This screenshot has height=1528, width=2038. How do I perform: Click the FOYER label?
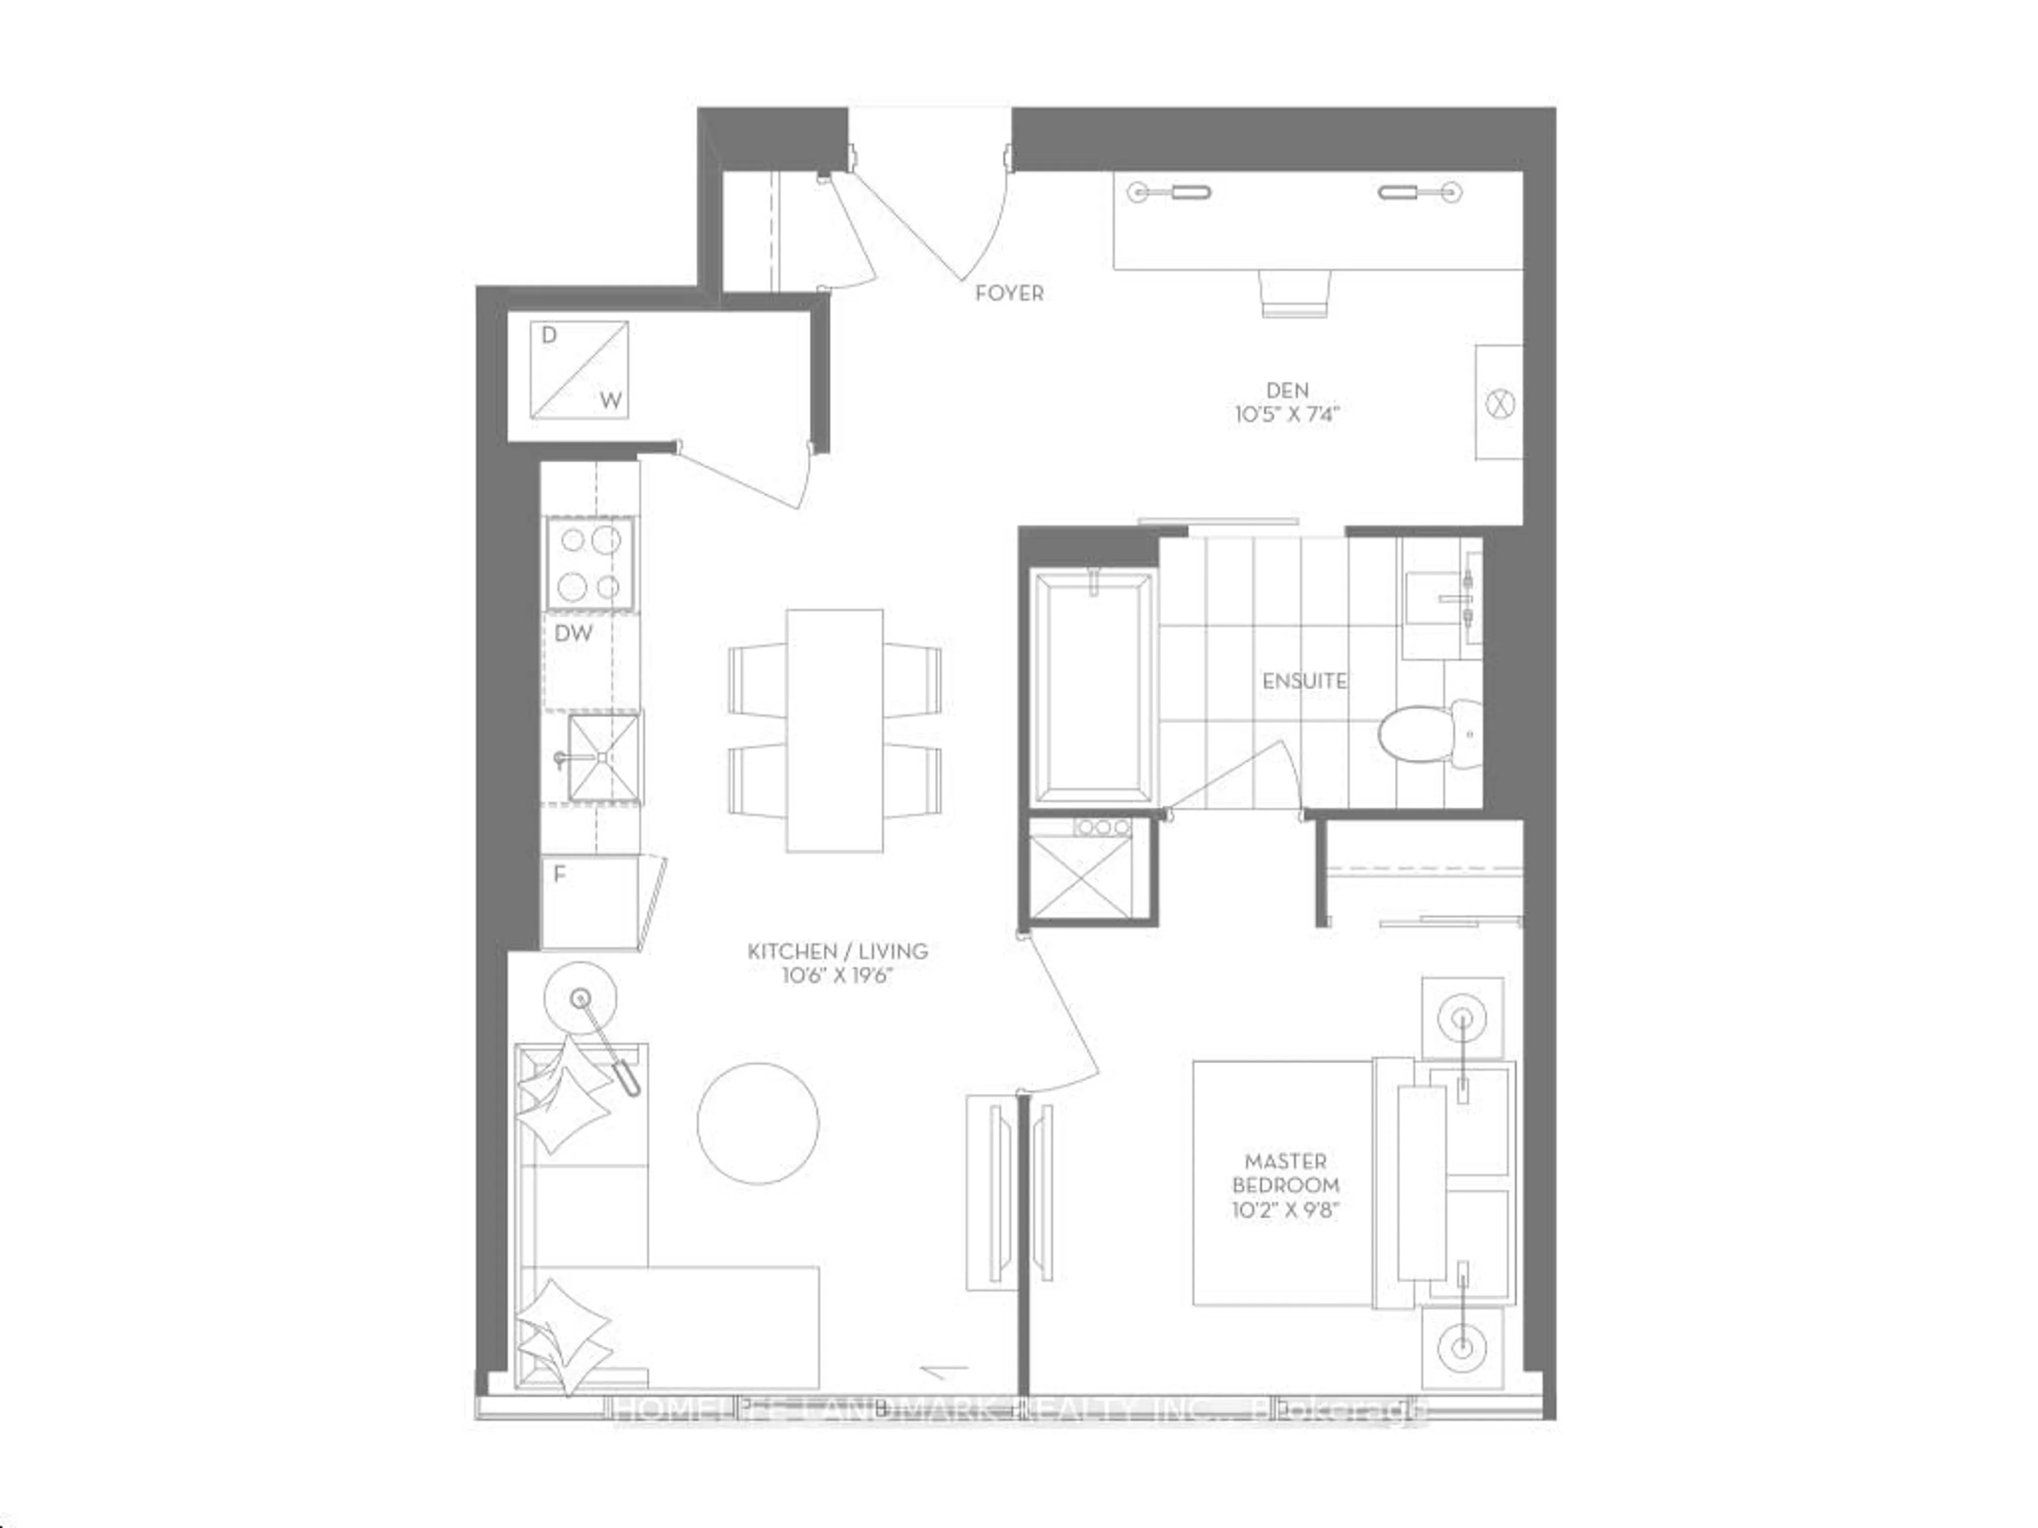1009,293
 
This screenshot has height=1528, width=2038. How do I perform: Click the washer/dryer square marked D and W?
578,369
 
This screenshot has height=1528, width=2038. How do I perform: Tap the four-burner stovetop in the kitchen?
590,563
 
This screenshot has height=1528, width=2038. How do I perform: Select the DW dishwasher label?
573,633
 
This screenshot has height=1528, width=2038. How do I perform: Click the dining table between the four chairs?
834,731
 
